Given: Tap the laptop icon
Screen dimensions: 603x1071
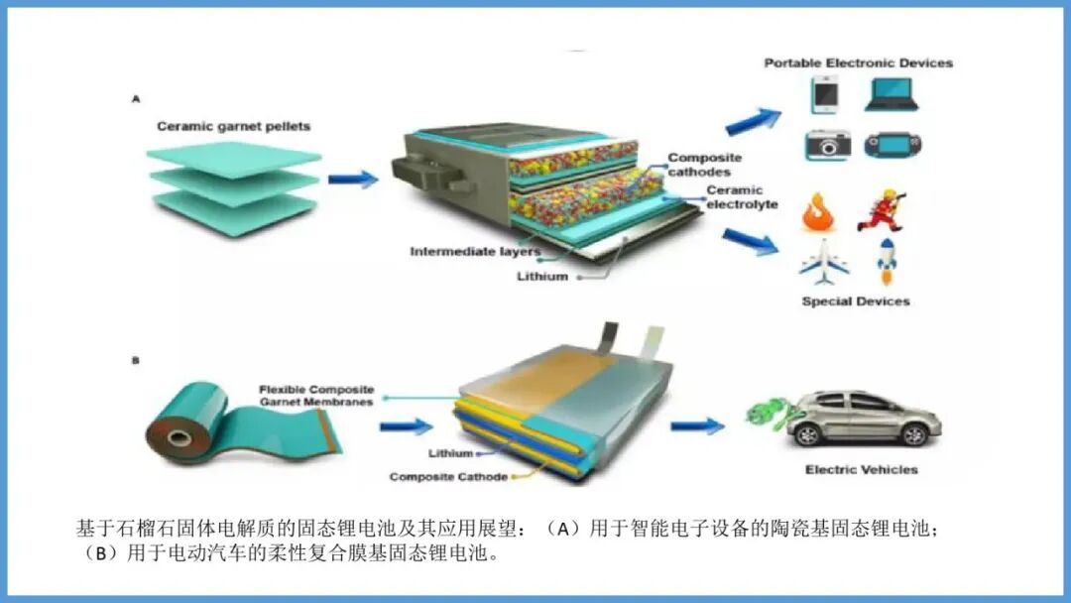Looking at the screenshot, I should (891, 94).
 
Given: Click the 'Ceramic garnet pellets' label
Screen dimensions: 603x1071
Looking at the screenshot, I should (233, 127).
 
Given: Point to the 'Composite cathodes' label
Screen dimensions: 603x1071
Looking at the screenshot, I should (704, 165).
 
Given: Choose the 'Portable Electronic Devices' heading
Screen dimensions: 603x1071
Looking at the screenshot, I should (858, 62).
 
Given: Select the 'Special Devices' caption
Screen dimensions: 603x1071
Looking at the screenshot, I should (855, 301).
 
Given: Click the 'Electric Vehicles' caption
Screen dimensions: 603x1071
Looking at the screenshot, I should (861, 469).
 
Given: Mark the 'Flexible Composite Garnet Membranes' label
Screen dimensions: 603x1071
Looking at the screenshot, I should (316, 396).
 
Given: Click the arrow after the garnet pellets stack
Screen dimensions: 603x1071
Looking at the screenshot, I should (353, 180).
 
